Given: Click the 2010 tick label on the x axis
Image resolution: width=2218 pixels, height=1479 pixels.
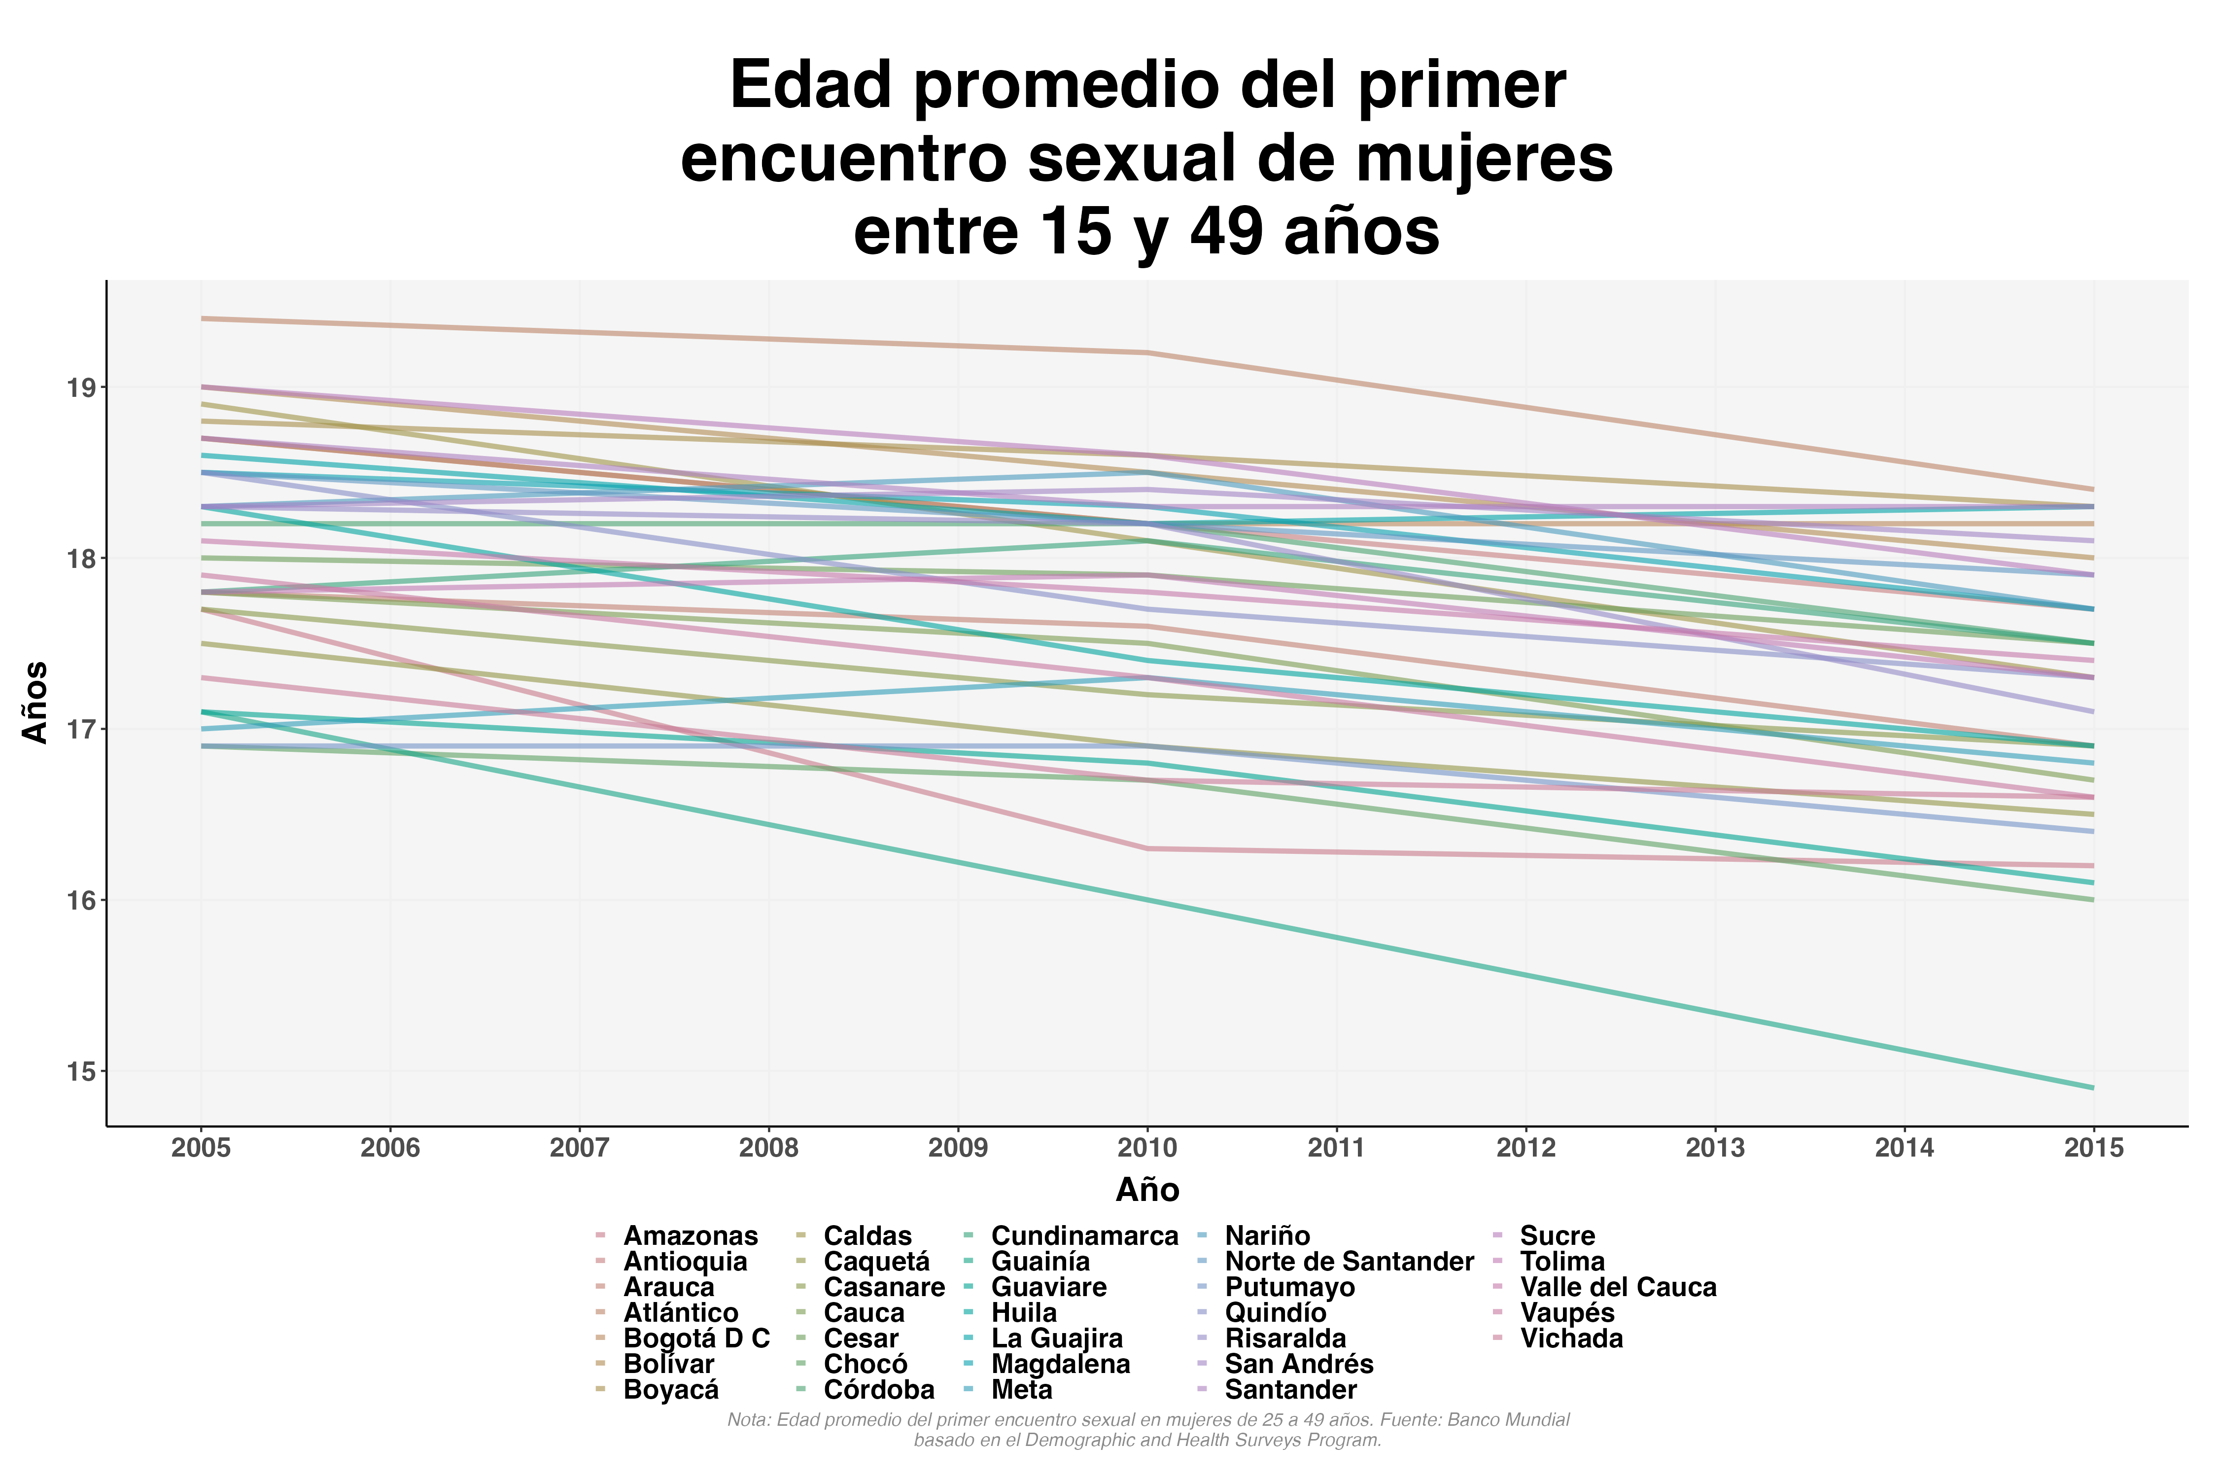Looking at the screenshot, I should click(x=1147, y=1148).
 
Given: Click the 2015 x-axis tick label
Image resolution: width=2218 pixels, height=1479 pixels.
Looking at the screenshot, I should click(x=2093, y=1148).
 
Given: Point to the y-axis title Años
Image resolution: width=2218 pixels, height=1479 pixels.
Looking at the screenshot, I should click(x=36, y=703).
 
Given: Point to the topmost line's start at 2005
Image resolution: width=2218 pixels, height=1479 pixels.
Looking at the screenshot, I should click(x=202, y=319).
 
